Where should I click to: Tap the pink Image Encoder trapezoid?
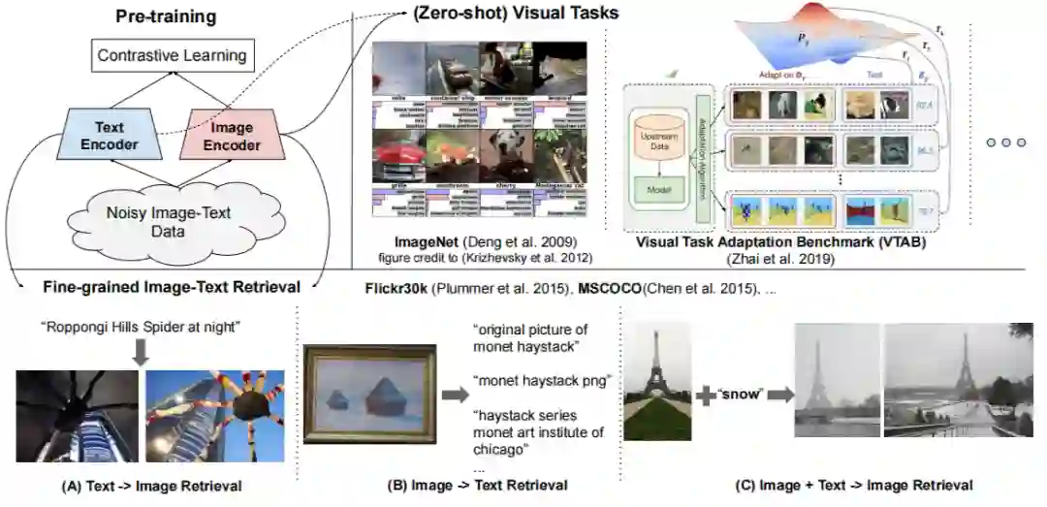click(x=232, y=136)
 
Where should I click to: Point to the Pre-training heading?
click(x=166, y=16)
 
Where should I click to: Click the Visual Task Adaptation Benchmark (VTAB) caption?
click(x=780, y=241)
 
